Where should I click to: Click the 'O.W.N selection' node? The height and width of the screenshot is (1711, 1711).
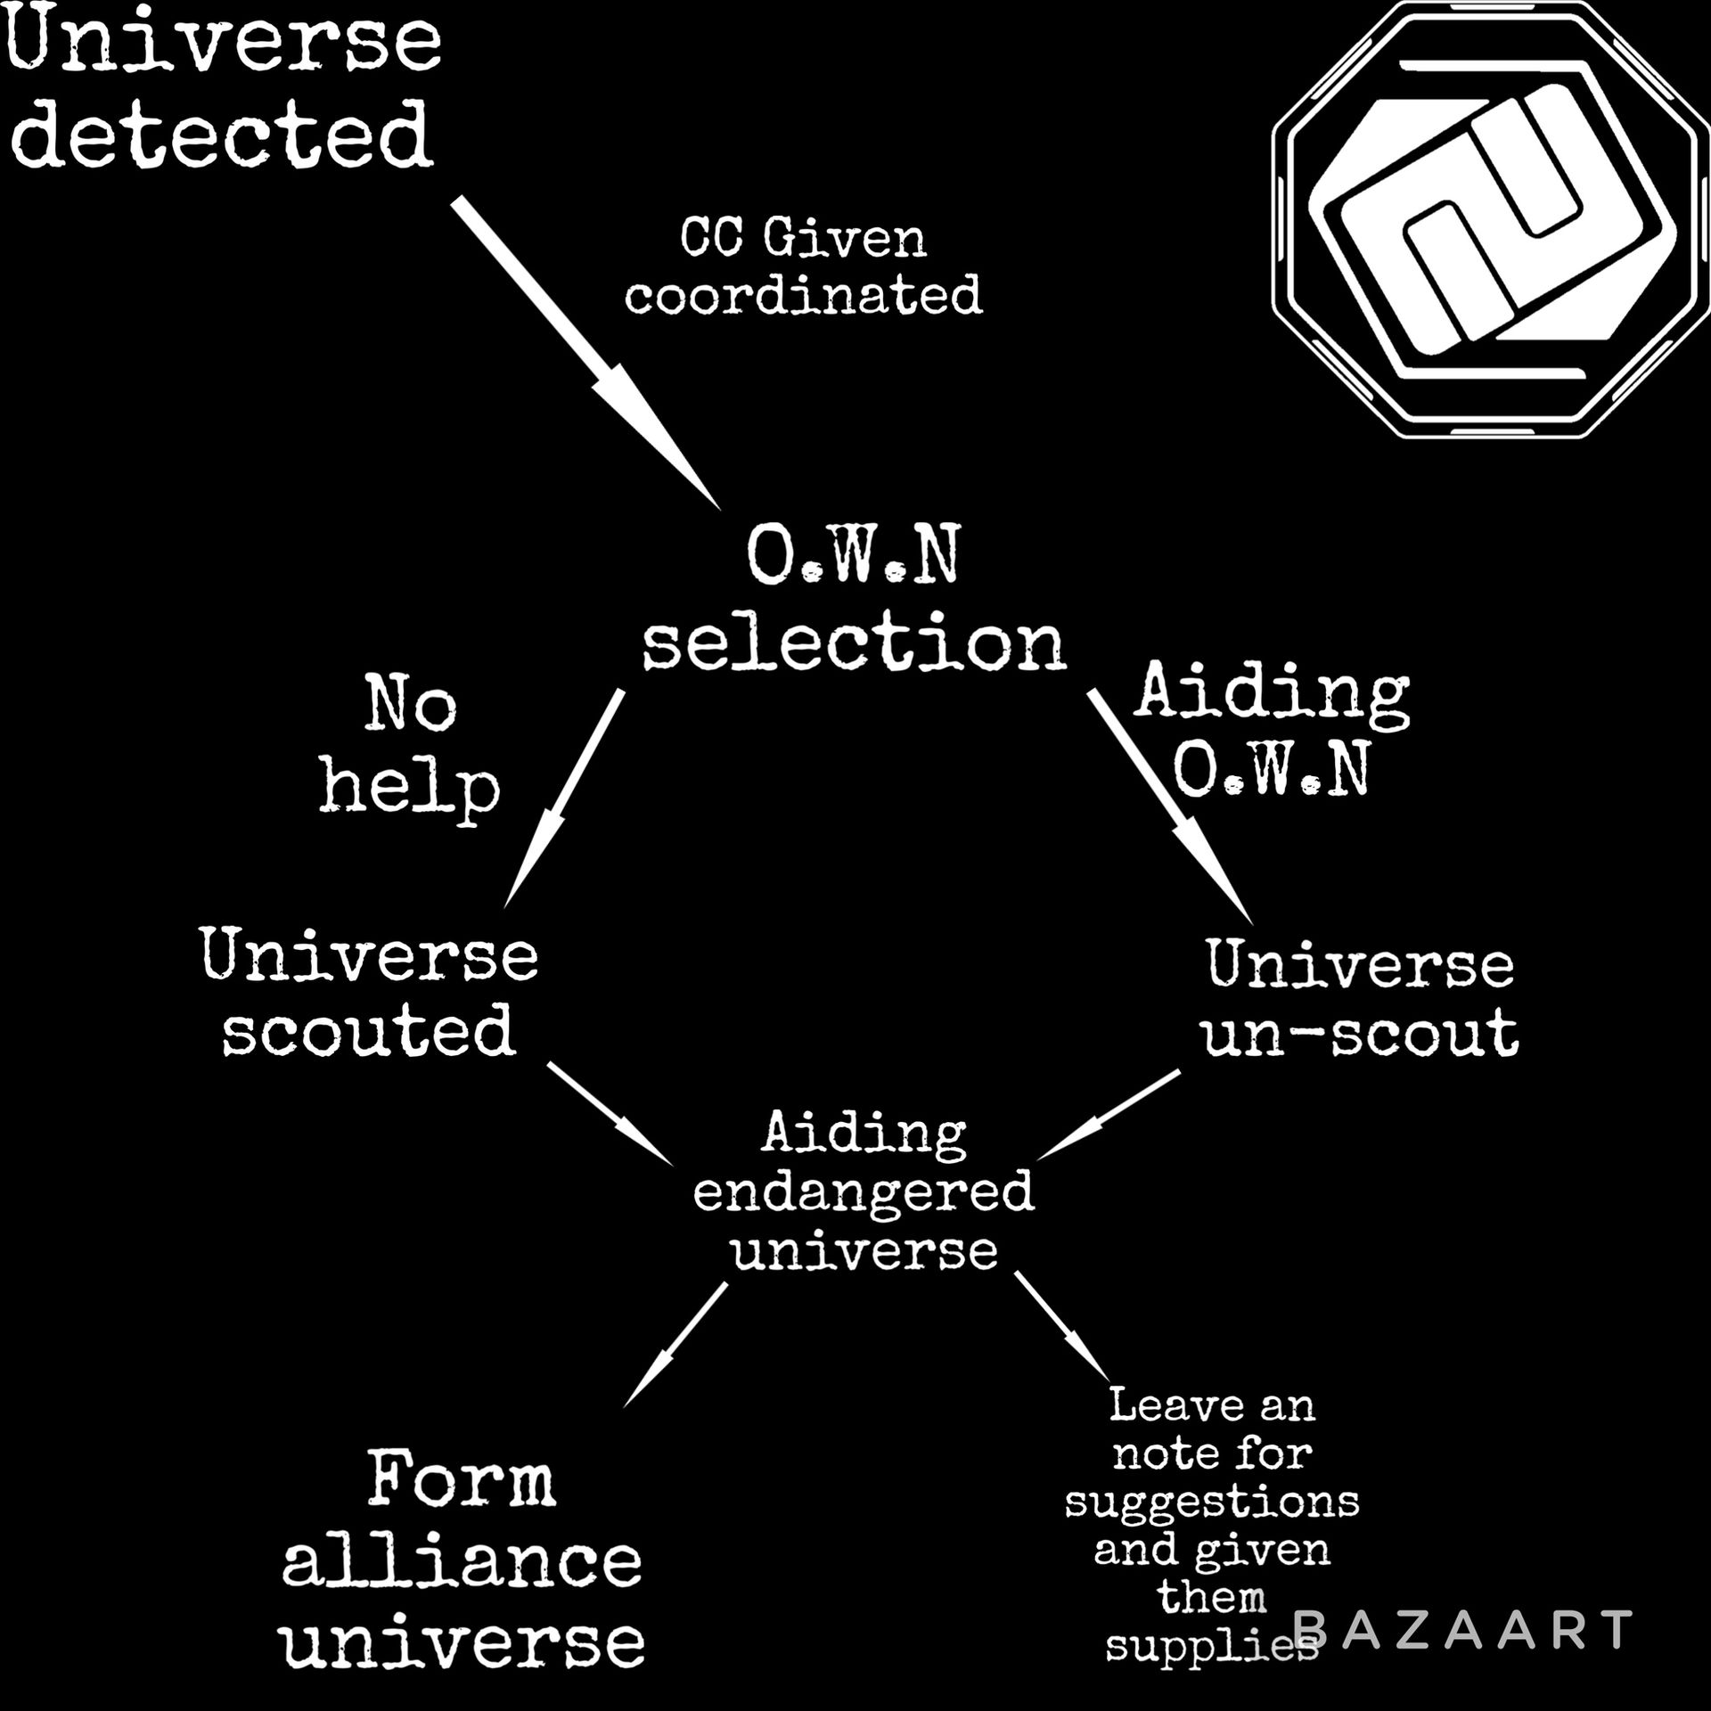pos(854,599)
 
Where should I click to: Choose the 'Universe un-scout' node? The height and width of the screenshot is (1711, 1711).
pos(1361,1000)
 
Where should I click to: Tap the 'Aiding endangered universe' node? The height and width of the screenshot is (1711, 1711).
pos(864,1191)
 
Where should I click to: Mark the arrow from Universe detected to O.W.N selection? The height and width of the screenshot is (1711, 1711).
pos(584,353)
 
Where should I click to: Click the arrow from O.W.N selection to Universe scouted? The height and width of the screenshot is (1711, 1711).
pos(564,798)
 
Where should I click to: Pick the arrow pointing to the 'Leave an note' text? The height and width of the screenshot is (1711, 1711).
pos(1062,1326)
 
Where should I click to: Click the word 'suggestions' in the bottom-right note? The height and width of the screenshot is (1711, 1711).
pos(1212,1502)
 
